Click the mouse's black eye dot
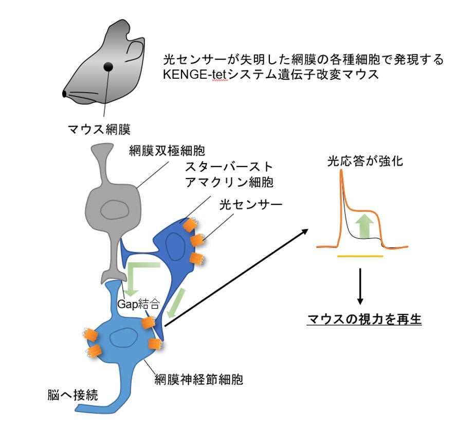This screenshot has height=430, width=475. [x=108, y=66]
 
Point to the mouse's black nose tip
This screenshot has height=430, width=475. [x=65, y=94]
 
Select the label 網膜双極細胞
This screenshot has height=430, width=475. [x=170, y=151]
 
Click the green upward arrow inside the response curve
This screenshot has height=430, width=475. [x=365, y=224]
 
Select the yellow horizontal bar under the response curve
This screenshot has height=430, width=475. [x=360, y=256]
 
